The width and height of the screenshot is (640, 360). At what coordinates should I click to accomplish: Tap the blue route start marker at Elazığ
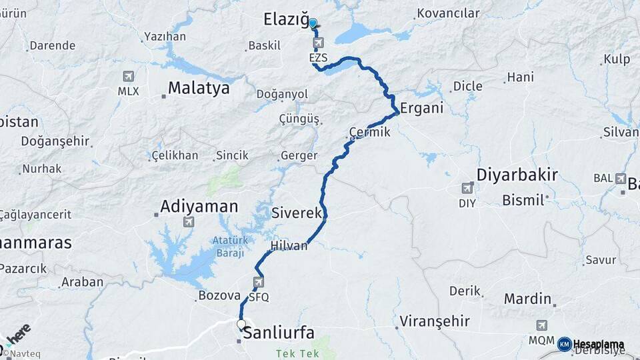pyautogui.click(x=313, y=23)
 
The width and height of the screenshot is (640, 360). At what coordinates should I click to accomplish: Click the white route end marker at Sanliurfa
pyautogui.click(x=241, y=325)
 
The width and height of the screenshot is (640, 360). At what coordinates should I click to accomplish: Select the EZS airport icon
pyautogui.click(x=318, y=44)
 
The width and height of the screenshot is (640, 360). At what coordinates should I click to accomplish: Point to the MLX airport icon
pyautogui.click(x=128, y=77)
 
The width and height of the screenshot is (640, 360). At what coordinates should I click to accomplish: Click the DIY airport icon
pyautogui.click(x=467, y=189)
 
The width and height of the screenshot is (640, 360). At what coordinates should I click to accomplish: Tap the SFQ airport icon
pyautogui.click(x=259, y=283)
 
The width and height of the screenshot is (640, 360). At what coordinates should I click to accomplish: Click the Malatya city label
pyautogui.click(x=198, y=88)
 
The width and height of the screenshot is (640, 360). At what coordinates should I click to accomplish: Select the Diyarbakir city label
pyautogui.click(x=517, y=175)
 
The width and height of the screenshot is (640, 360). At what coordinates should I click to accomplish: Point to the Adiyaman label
pyautogui.click(x=199, y=207)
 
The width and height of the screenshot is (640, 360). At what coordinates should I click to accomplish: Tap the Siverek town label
pyautogui.click(x=297, y=213)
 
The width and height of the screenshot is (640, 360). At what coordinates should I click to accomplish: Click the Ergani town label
pyautogui.click(x=421, y=109)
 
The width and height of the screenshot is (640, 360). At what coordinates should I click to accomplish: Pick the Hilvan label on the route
pyautogui.click(x=289, y=246)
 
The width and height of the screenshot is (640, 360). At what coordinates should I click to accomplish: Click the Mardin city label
pyautogui.click(x=527, y=299)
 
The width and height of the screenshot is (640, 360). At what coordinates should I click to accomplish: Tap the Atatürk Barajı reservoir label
pyautogui.click(x=229, y=247)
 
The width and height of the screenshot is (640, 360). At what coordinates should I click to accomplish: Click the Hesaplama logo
pyautogui.click(x=591, y=344)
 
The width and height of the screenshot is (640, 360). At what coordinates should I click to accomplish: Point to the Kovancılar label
pyautogui.click(x=447, y=13)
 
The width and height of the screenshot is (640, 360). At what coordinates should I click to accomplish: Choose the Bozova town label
pyautogui.click(x=219, y=295)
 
